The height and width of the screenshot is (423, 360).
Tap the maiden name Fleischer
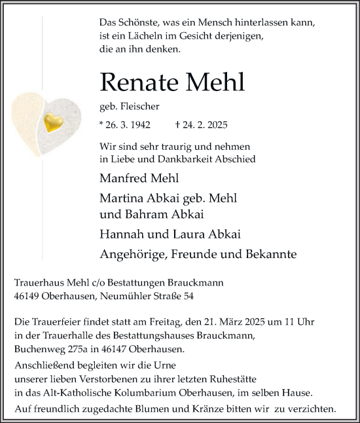click(x=140, y=105)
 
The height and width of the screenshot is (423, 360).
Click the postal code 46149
click(x=27, y=296)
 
